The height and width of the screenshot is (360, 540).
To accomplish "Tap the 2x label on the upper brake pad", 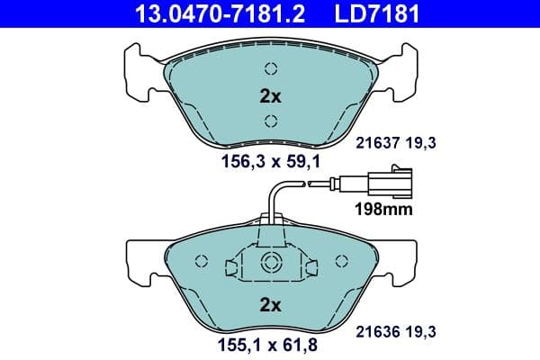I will pyautogui.click(x=269, y=96).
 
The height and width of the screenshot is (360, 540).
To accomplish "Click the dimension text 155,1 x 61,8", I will pyautogui.click(x=270, y=344).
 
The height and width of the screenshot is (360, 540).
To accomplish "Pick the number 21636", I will pyautogui.click(x=380, y=330).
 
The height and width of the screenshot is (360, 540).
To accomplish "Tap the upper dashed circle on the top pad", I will pyautogui.click(x=270, y=68).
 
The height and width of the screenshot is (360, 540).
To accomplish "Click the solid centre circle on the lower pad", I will pyautogui.click(x=270, y=262).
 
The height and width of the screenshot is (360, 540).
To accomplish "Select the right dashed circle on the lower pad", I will pyautogui.click(x=340, y=262).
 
